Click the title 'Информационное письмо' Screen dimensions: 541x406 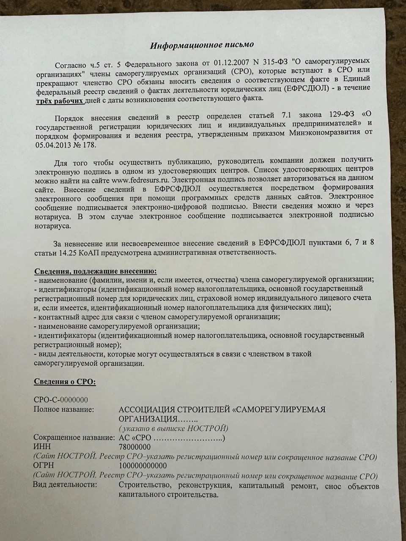(x=203, y=44)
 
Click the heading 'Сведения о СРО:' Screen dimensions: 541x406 (x=65, y=382)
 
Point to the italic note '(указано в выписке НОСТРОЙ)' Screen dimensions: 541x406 (x=173, y=428)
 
